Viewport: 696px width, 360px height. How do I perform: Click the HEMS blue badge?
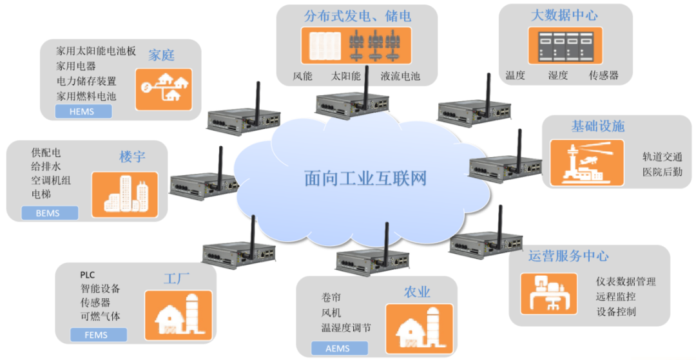(83, 111)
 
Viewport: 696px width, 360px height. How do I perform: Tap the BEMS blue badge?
(50, 213)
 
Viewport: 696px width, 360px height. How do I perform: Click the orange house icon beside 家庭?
(164, 89)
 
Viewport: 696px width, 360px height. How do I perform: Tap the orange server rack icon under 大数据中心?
(565, 45)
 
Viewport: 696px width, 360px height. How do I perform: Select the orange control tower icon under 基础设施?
(586, 163)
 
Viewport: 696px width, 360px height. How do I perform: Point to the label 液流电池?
(400, 76)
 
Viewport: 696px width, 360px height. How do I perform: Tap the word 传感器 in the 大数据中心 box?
(603, 75)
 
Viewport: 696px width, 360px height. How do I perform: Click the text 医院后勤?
(662, 172)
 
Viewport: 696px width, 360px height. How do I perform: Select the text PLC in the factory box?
(87, 275)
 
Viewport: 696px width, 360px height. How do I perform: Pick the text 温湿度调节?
(346, 328)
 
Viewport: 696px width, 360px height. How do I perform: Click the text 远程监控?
(616, 297)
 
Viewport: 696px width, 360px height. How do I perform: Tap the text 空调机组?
(51, 180)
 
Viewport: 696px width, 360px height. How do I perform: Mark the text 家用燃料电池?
(86, 96)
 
